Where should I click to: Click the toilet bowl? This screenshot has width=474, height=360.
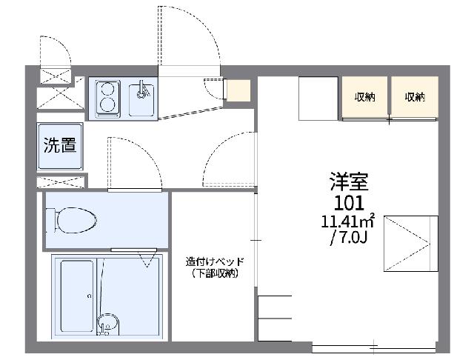coord(76,220)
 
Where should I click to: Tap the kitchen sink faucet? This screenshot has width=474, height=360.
coord(141,90)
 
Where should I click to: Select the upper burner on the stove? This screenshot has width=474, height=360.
coord(107,90)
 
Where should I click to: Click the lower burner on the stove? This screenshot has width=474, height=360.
coord(107,105)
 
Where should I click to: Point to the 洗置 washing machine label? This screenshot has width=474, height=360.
coord(60,144)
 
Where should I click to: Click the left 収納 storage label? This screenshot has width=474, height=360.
coord(365,97)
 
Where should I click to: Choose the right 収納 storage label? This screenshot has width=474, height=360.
coord(415,97)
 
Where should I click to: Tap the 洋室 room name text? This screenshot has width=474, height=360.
coord(349,181)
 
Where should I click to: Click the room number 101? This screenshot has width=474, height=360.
coord(349,203)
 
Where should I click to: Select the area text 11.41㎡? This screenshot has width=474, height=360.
coord(347,221)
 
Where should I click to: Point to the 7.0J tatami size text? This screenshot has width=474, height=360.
coord(349,239)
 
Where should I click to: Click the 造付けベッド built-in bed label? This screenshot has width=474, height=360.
coord(215,261)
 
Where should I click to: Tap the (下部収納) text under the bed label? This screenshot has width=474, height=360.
coord(215,273)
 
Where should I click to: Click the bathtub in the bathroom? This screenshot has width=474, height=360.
coord(76,296)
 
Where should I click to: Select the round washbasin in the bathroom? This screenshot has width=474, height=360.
coord(108,323)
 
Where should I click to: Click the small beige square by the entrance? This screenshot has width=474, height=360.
coord(238,90)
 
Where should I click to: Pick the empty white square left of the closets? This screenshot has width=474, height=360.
coord(318,99)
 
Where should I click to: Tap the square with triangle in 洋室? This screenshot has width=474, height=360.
coord(411,243)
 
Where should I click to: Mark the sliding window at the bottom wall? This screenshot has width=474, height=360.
coord(374,348)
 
